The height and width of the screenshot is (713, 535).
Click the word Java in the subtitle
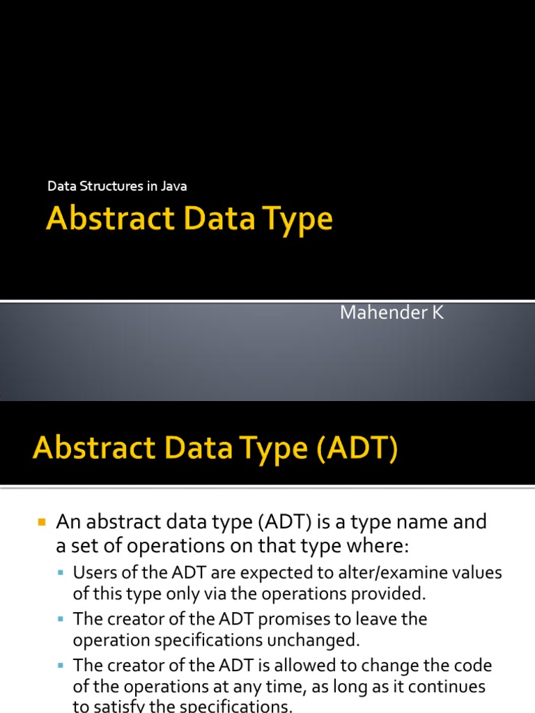174,186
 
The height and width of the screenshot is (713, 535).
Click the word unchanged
327,639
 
